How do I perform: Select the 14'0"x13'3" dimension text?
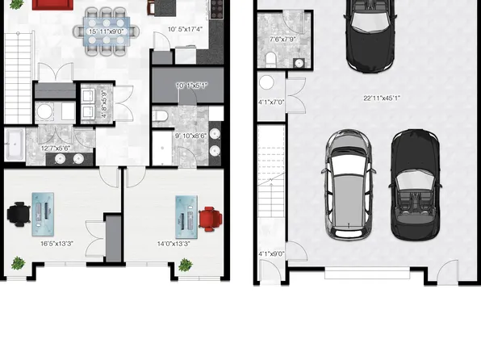(173, 242)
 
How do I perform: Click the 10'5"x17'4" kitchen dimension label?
(185, 30)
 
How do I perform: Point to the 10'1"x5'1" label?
(191, 85)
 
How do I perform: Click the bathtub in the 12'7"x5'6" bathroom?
(15, 145)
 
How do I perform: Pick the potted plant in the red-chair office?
(186, 265)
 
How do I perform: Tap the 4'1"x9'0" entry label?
(270, 254)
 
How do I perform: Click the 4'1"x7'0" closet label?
(270, 103)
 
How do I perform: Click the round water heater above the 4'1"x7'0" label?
(267, 82)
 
